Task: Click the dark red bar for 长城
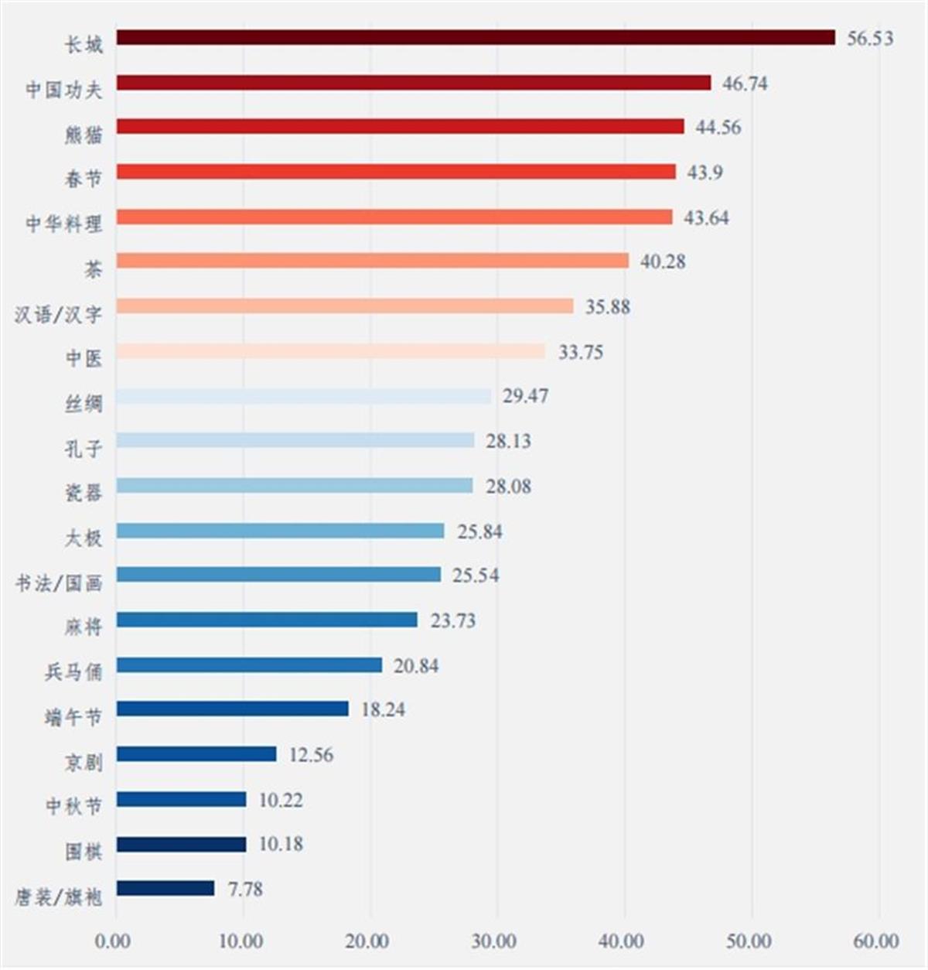476,38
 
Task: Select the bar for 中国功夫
414,83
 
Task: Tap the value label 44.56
718,128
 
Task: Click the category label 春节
84,179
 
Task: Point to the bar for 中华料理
394,217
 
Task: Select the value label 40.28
663,262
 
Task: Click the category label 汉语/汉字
58,314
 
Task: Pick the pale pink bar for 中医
330,351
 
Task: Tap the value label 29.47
525,396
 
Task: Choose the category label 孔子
84,448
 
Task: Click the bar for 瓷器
295,486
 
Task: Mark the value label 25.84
479,532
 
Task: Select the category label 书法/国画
59,582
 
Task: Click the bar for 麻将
267,620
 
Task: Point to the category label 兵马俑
73,671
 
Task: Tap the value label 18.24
383,710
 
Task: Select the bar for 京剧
196,754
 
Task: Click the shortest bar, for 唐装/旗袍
165,889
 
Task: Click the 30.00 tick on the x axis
494,941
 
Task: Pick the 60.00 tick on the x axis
875,941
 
